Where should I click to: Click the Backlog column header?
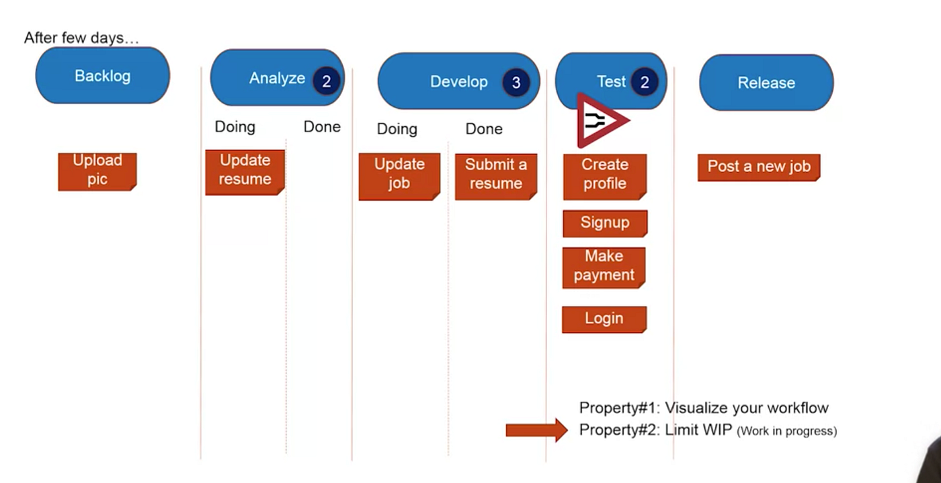(x=102, y=76)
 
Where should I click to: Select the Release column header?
(x=766, y=83)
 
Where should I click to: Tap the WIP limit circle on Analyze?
(x=326, y=81)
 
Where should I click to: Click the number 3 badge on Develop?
(x=516, y=83)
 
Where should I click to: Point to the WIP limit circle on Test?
(x=645, y=82)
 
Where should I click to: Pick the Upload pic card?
(x=97, y=172)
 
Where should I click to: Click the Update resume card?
(x=245, y=172)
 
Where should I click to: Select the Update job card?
(x=399, y=177)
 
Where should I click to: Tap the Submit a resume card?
(x=496, y=177)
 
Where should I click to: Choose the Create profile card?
(x=604, y=177)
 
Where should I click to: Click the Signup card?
(x=605, y=224)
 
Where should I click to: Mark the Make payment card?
(x=604, y=267)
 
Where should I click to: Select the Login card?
(x=604, y=319)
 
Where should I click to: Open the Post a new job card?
(x=759, y=167)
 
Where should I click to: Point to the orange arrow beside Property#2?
(x=537, y=430)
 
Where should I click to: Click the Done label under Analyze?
(x=322, y=127)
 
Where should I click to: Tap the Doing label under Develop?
(x=397, y=130)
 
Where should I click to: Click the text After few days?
(x=81, y=38)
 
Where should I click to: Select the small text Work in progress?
(x=787, y=431)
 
